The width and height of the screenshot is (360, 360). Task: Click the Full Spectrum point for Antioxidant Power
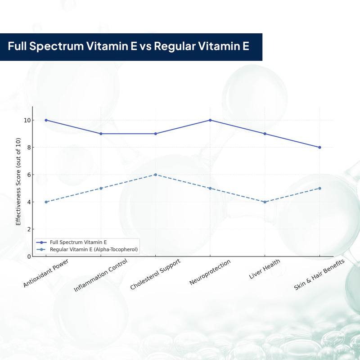46,120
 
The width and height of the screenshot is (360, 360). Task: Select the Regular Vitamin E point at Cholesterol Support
155,175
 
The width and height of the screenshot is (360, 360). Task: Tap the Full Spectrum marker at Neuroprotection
210,120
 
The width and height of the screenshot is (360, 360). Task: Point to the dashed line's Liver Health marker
265,202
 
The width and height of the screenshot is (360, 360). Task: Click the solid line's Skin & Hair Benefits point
319,147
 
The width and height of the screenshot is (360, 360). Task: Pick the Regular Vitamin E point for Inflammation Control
101,188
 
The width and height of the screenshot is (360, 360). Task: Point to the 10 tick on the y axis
27,120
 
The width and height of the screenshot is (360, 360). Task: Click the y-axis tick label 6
29,175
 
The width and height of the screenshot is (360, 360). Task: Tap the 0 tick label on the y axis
29,256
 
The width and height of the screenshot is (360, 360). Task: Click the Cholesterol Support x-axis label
156,274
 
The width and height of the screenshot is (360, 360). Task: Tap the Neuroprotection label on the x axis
210,272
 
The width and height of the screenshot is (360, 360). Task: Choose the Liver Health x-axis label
265,269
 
